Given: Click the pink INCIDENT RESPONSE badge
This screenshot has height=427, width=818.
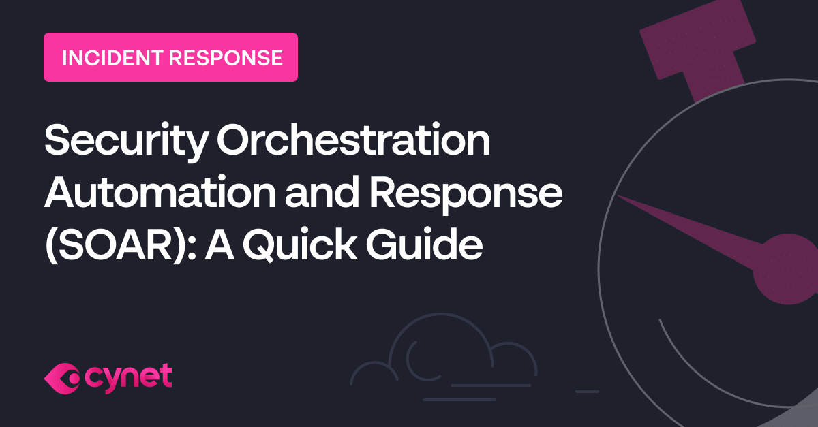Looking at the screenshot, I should pos(170,57).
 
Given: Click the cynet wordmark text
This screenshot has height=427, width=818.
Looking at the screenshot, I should pos(130,377).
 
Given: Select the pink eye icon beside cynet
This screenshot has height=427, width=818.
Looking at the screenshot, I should pos(63,377).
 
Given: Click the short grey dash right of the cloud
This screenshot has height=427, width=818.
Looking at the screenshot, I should pos(587,392).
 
